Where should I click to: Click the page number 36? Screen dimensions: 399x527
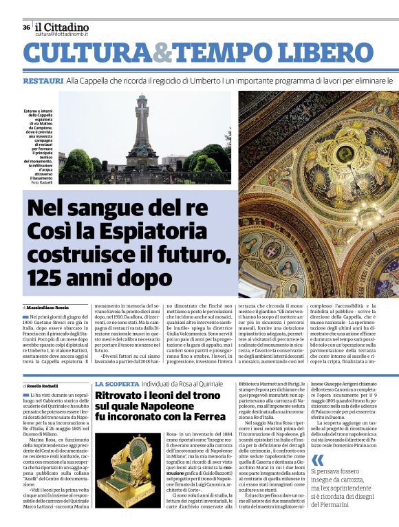click(x=26, y=28)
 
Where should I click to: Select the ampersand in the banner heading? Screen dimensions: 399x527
click(x=162, y=54)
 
